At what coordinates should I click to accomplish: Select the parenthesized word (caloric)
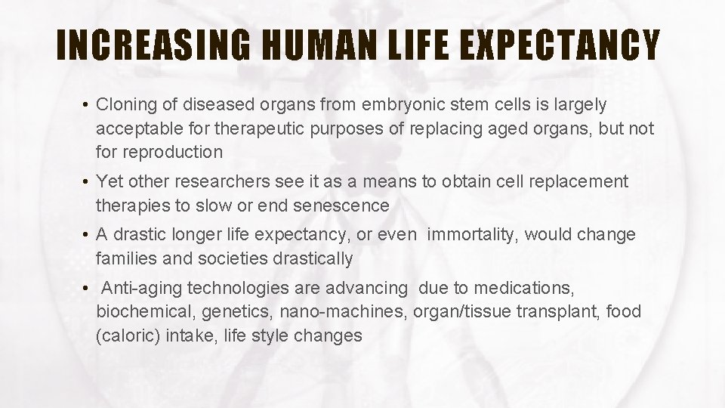pos(127,336)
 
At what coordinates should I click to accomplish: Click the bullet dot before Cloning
pos(87,104)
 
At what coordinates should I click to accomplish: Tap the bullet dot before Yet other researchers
pos(87,182)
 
